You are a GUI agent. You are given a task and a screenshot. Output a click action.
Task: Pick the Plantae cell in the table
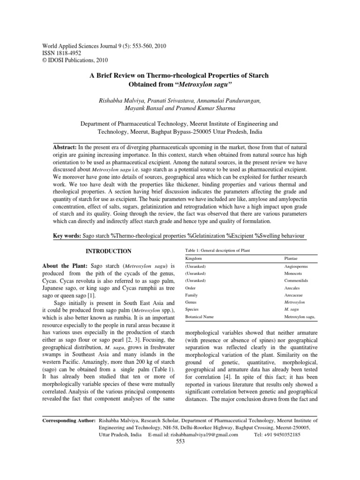[292, 258]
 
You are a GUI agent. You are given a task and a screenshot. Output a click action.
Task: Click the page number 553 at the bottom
[180, 442]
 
